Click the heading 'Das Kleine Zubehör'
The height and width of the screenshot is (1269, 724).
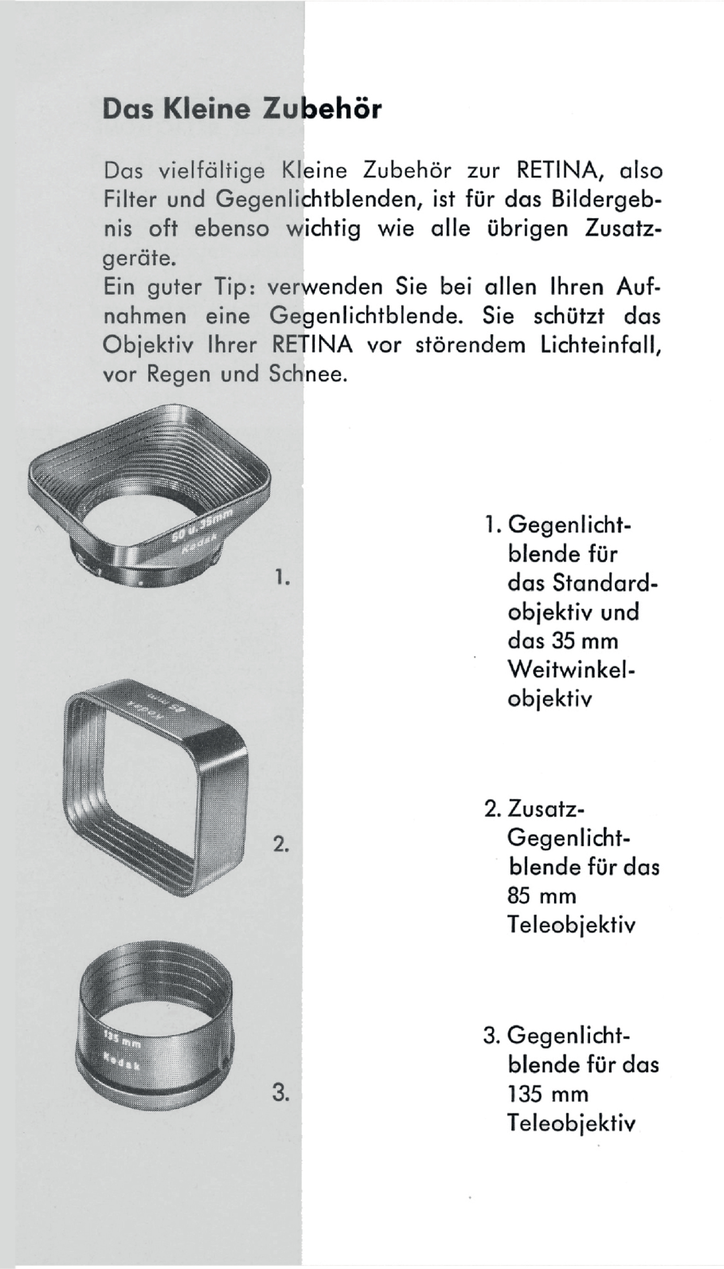pos(242,109)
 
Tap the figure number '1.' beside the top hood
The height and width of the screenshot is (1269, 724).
pos(282,577)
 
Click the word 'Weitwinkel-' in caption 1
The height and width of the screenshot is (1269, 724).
pos(572,670)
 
